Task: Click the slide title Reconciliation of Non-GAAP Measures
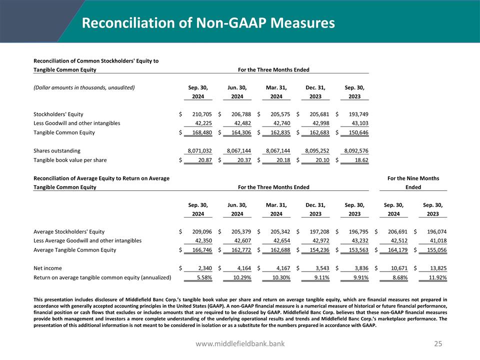[x=208, y=23]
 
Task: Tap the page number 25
[x=438, y=343]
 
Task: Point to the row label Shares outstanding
[x=56, y=150]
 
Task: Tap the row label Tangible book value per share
[x=69, y=160]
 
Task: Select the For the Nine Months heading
[x=413, y=178]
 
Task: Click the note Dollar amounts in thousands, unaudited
[x=83, y=87]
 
